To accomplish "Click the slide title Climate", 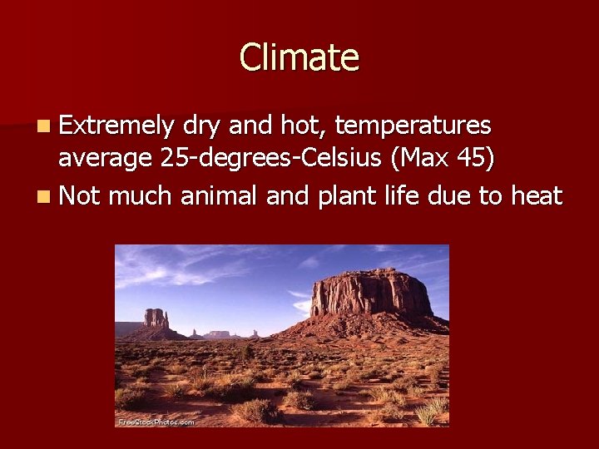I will tap(299, 57).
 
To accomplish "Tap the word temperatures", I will tap(412, 126).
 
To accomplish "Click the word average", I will tap(103, 159).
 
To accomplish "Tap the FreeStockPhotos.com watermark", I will tap(156, 422).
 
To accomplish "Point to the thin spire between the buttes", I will tap(195, 332).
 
